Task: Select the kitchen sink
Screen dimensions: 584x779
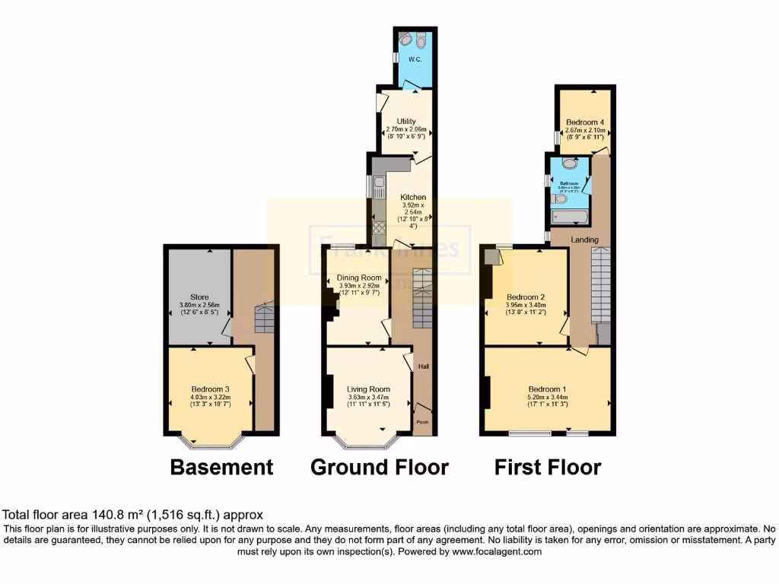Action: [377, 185]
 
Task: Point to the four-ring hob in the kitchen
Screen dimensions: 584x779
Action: [378, 227]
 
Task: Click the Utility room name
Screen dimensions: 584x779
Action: [406, 121]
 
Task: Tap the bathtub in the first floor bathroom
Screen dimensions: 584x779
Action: [570, 218]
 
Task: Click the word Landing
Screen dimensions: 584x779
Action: [584, 240]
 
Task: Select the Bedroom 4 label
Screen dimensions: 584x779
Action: [585, 122]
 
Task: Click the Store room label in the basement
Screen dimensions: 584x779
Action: [199, 297]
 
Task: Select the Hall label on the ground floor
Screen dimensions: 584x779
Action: [423, 368]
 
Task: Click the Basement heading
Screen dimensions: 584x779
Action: [221, 467]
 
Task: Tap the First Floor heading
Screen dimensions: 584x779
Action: [548, 467]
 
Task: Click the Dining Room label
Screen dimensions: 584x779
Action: [358, 278]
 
